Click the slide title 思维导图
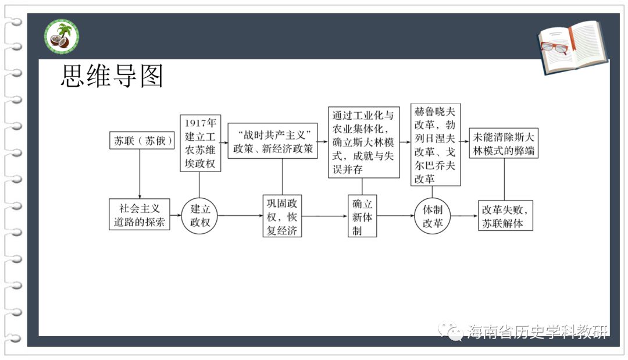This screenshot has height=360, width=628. click(x=112, y=76)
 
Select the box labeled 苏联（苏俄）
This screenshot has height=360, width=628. click(x=142, y=141)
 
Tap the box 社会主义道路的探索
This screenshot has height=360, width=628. click(x=140, y=215)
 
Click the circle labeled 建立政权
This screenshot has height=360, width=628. click(x=199, y=215)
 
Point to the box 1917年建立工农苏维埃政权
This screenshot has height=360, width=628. click(x=200, y=143)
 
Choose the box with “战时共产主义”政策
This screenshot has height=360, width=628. click(x=273, y=141)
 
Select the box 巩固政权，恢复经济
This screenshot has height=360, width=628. click(x=282, y=216)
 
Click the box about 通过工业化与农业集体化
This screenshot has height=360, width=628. click(x=363, y=142)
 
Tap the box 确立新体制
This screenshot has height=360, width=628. click(x=362, y=216)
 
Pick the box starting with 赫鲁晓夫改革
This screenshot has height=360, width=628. click(x=436, y=145)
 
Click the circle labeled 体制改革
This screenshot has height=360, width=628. click(x=433, y=216)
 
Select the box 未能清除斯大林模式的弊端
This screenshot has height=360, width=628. click(x=504, y=143)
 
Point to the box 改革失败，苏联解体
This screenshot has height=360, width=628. click(x=505, y=216)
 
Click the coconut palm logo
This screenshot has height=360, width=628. click(x=62, y=37)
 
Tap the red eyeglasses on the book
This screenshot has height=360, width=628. click(x=555, y=47)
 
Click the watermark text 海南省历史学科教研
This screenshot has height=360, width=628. click(x=537, y=332)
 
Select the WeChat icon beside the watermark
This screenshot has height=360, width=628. click(x=451, y=331)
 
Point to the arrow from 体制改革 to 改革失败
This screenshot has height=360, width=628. click(x=465, y=216)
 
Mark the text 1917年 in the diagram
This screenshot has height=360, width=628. click(x=200, y=123)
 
